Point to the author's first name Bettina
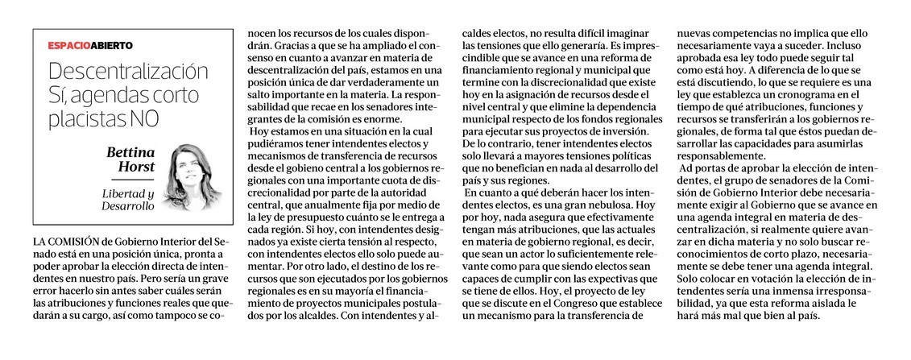point(132,151)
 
